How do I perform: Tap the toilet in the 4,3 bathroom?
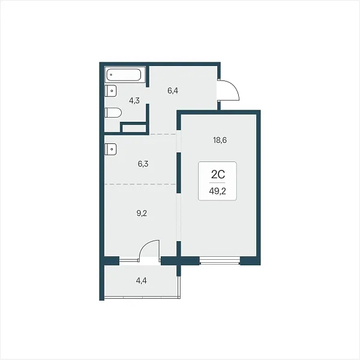(113, 113)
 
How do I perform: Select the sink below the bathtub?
(110, 91)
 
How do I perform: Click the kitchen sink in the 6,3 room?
(110, 149)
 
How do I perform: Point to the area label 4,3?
(134, 101)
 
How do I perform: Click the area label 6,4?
(173, 91)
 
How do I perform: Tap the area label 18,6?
(220, 140)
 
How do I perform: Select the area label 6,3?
(143, 164)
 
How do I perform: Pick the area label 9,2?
(142, 213)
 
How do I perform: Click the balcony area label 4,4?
(141, 281)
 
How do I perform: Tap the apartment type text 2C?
(218, 175)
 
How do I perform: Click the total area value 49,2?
(217, 191)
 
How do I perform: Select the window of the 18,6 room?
(220, 261)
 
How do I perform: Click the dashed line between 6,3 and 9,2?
(140, 184)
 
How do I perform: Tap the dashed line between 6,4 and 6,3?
(163, 134)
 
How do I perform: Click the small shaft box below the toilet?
(134, 128)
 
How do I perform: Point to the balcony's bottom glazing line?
(142, 298)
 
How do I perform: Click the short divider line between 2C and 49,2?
(217, 183)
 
